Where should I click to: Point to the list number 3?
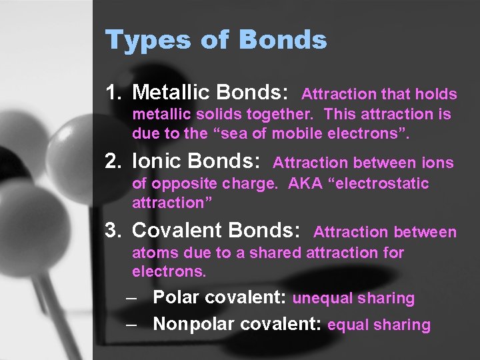111,230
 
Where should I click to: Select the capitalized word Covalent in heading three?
177,230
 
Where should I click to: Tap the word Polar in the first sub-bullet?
176,297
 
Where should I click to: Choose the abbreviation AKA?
303,183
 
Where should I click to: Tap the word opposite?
178,184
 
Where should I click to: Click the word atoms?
152,253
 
